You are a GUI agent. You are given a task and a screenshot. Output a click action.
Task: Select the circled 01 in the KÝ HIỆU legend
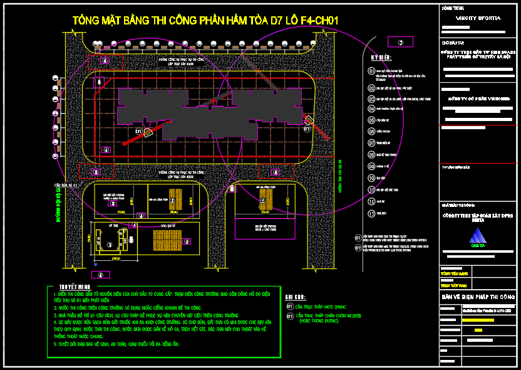(x=371, y=71)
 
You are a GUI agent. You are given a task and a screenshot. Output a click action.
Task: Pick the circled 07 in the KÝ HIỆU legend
(x=371, y=142)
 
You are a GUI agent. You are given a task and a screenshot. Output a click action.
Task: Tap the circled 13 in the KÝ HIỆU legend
(x=371, y=213)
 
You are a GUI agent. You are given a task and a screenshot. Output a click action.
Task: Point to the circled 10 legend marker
(x=371, y=178)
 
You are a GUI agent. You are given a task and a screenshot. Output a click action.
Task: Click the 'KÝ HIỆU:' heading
(x=380, y=57)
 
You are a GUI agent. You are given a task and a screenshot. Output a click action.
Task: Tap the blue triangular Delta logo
(x=478, y=236)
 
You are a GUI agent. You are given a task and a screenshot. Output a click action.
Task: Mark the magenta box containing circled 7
(x=401, y=42)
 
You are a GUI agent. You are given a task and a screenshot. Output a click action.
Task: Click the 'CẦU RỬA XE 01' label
(x=65, y=186)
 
